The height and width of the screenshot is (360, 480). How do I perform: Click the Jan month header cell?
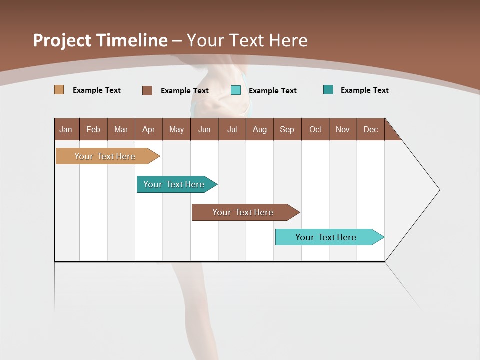tap(66, 129)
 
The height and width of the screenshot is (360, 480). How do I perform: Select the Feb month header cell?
tap(93, 129)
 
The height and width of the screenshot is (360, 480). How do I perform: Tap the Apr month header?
tap(149, 129)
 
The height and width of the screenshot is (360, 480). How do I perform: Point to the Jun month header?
tap(204, 129)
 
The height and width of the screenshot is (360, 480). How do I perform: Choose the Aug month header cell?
tap(260, 129)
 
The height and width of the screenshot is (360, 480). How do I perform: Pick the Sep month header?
tap(287, 129)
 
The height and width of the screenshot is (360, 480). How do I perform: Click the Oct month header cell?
tap(315, 129)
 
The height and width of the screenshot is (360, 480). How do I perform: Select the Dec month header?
tap(371, 129)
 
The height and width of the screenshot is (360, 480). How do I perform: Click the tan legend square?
tap(59, 90)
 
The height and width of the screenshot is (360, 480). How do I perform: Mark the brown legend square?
tap(147, 90)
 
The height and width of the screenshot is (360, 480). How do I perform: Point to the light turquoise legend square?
tap(236, 90)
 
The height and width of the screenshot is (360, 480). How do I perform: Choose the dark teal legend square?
tap(328, 90)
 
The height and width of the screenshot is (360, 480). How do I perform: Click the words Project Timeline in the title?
tap(100, 40)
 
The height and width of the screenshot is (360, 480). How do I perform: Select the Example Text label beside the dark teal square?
tap(365, 90)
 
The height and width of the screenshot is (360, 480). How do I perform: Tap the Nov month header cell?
tap(343, 129)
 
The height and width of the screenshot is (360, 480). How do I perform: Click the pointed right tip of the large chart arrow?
tap(438, 190)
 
